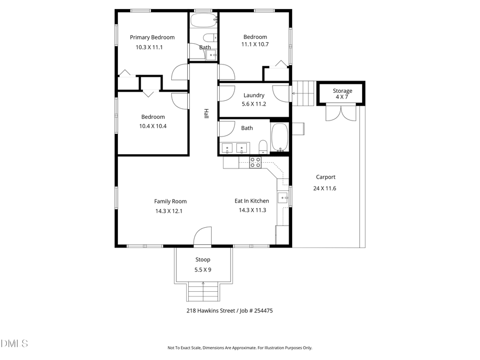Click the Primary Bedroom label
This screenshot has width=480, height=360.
click(152, 37)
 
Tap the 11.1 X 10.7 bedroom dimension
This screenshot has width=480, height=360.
click(255, 45)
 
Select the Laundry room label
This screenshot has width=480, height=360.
click(254, 95)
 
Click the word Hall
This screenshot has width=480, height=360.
click(205, 114)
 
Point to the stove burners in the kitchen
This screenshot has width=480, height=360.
click(255, 162)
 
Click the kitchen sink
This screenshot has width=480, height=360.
click(282, 198)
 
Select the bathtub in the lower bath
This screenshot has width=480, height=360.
click(279, 138)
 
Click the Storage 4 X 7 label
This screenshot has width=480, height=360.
click(342, 94)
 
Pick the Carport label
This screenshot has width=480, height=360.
click(325, 177)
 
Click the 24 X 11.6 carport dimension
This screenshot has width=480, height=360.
click(325, 188)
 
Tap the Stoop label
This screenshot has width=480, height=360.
click(202, 260)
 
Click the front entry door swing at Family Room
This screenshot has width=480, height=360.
click(203, 237)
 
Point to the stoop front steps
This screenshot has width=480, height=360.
click(203, 292)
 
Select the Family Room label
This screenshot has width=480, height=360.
click(170, 202)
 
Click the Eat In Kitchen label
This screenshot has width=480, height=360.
click(252, 201)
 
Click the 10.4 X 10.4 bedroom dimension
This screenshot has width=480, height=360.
click(153, 126)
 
